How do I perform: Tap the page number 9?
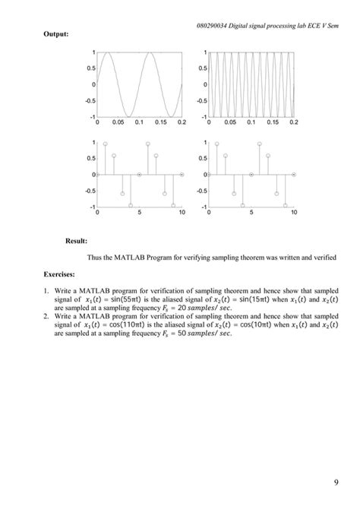click(x=336, y=481)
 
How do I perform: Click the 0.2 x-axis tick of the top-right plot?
click(x=293, y=122)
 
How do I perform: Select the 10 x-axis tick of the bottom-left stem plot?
click(x=182, y=212)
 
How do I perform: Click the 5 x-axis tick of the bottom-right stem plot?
click(x=251, y=212)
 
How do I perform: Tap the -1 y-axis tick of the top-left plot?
click(x=92, y=116)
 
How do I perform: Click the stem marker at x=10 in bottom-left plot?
click(x=182, y=174)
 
